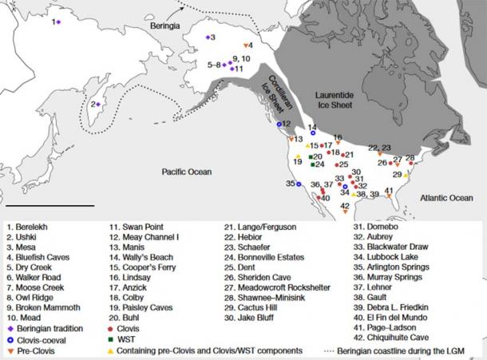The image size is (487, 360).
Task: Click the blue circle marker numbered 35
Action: click(299, 184)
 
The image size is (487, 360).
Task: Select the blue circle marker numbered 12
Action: click(279, 125)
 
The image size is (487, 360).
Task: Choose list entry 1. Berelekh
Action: click(32, 227)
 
